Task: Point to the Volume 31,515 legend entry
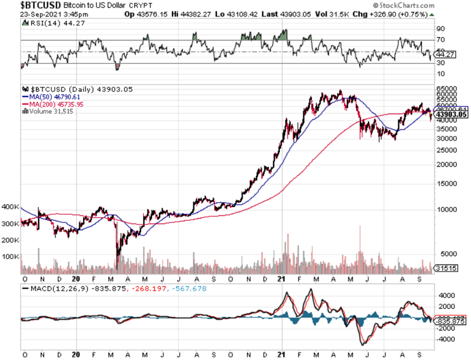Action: pos(48,111)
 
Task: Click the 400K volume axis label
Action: pos(11,207)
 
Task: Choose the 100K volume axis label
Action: pos(11,256)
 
